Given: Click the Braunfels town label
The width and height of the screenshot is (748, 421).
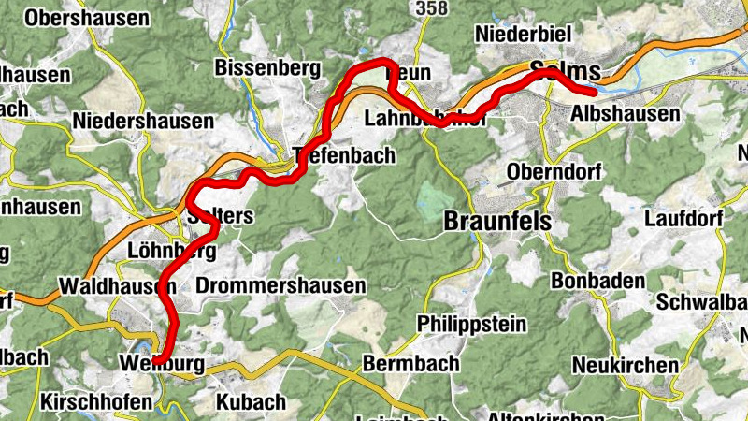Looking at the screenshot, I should click(x=496, y=222).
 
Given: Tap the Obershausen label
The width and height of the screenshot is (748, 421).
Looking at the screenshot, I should click(x=88, y=18).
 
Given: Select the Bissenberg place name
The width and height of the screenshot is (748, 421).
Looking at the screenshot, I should click(x=267, y=68).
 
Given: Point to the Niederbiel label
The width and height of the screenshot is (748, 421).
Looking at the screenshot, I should click(x=524, y=34).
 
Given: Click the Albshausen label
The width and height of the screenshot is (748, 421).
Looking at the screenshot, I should click(x=625, y=114).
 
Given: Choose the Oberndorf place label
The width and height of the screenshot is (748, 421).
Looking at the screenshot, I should click(x=552, y=172).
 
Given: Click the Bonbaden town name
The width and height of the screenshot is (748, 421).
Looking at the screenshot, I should click(x=598, y=281).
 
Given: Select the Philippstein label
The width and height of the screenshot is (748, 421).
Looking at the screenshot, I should click(x=473, y=324).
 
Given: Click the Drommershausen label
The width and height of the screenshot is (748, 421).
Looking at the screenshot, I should click(x=281, y=285).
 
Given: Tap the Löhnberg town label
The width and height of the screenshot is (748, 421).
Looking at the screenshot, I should click(x=172, y=251).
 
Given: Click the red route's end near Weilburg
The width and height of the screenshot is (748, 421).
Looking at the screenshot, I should click(x=158, y=359).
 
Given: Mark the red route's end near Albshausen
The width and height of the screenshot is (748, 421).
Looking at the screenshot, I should click(x=593, y=92).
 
